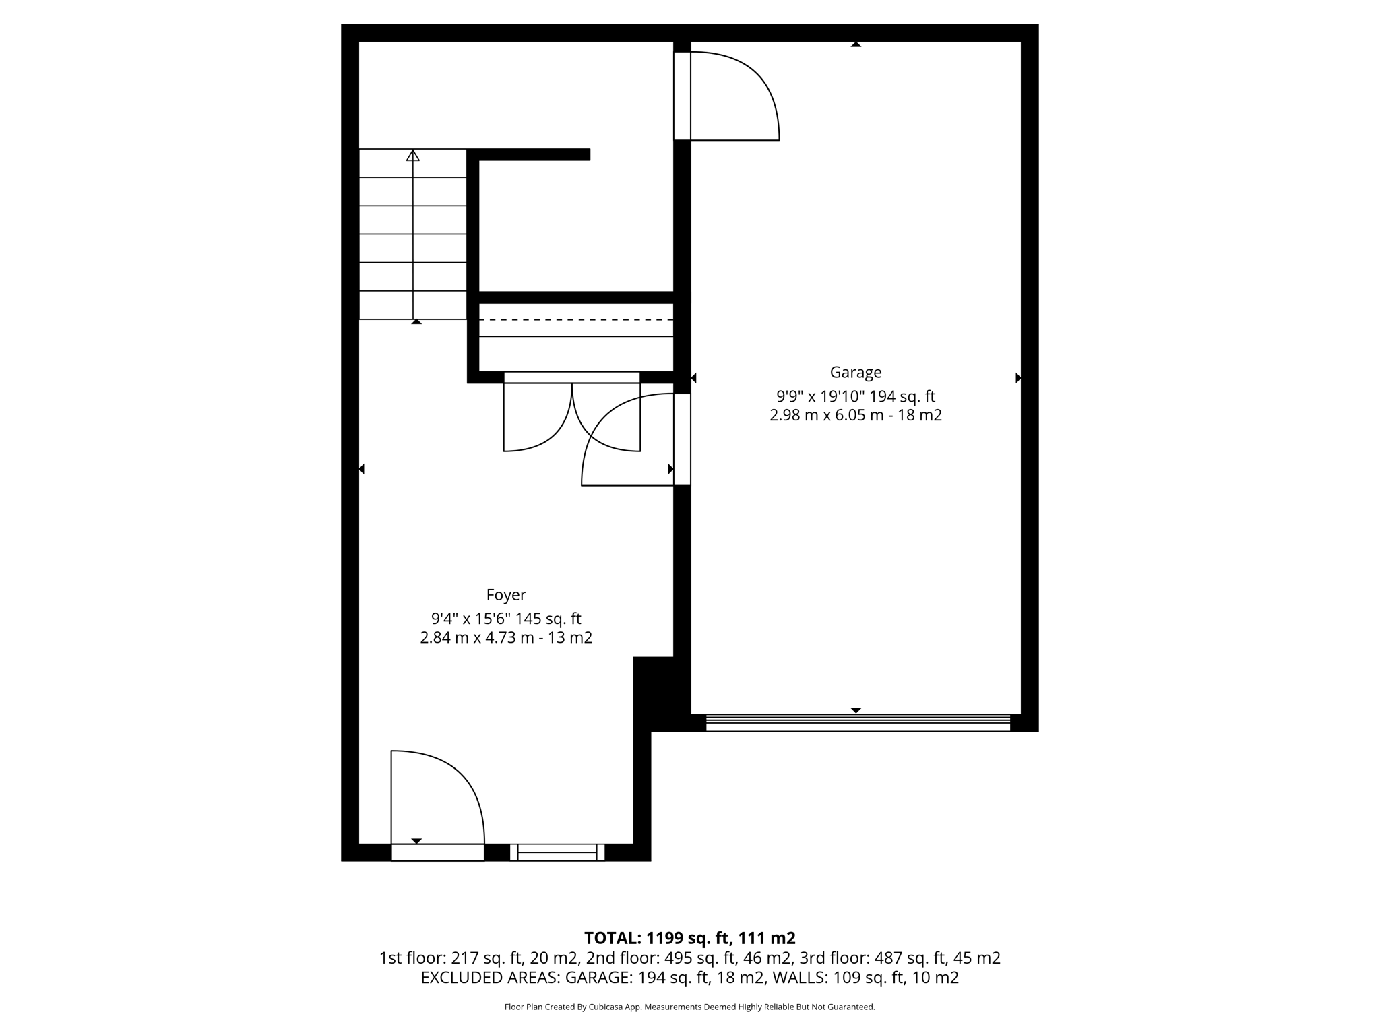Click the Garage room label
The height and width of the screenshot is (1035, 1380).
(855, 372)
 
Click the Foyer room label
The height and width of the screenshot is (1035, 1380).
(506, 595)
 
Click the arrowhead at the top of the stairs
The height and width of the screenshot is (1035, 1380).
(413, 156)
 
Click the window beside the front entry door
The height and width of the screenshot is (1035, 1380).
(557, 852)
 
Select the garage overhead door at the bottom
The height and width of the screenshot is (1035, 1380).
(857, 722)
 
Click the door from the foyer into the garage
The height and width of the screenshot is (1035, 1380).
(627, 441)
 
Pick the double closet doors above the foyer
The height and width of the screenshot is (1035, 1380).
(571, 414)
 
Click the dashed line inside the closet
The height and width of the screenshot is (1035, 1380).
(575, 319)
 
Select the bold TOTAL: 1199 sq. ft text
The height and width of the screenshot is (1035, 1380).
(689, 938)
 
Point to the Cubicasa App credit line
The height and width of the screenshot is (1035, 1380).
(689, 1007)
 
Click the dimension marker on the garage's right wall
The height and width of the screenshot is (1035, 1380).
(1018, 378)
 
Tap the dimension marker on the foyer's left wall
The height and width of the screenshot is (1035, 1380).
(362, 469)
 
